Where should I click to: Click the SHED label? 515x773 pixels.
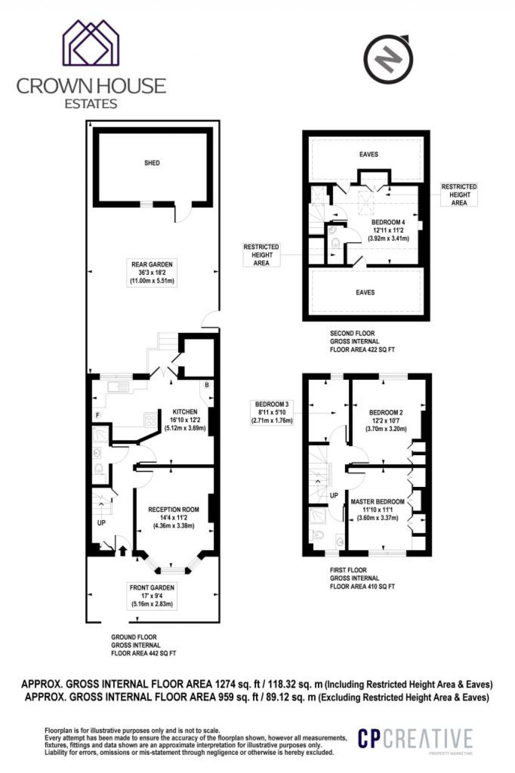152,163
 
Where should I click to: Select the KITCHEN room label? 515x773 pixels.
185,412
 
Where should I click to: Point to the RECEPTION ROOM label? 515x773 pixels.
174,509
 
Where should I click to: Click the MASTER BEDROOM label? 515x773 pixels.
377,501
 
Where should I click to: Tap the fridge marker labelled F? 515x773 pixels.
98,415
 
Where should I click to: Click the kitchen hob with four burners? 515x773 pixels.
151,420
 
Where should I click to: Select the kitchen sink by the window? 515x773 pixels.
118,387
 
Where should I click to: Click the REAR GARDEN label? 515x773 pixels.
152,265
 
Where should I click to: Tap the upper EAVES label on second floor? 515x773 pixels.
369,154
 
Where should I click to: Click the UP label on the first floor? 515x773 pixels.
334,495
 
